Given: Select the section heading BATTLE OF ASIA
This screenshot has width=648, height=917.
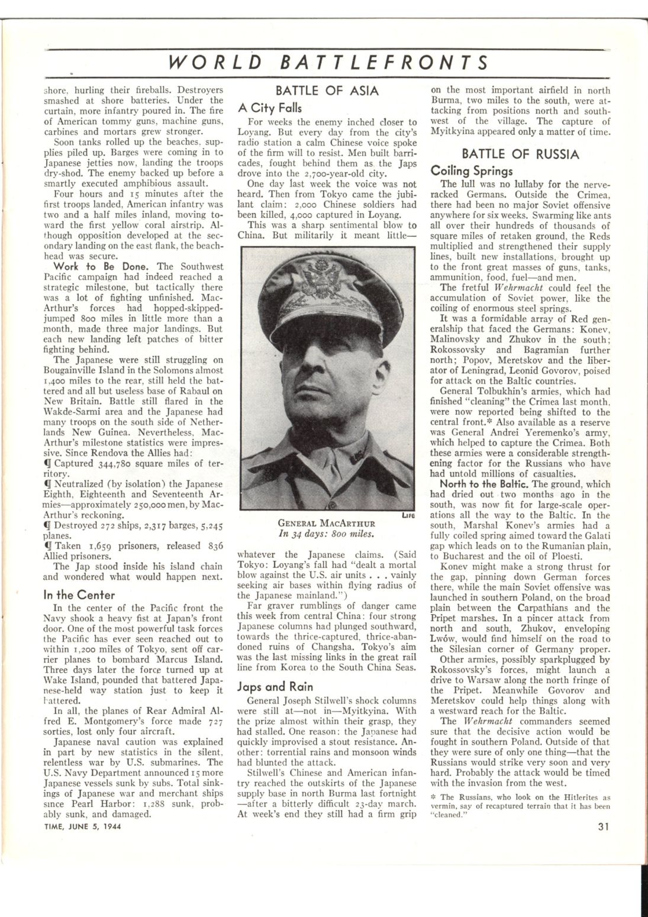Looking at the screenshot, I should pyautogui.click(x=327, y=91).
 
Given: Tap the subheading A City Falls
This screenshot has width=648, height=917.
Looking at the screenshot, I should pyautogui.click(x=270, y=108).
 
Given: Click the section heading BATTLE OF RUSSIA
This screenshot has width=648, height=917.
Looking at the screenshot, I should pyautogui.click(x=520, y=154).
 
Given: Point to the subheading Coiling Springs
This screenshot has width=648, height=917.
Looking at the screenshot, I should pyautogui.click(x=472, y=171).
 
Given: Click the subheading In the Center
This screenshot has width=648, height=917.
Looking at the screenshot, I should pyautogui.click(x=79, y=595).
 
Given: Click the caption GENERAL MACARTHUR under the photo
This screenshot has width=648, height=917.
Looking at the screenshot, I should pyautogui.click(x=327, y=523).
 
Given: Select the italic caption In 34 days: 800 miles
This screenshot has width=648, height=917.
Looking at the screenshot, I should pyautogui.click(x=327, y=534).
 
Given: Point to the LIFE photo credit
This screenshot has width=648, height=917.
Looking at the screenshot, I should pyautogui.click(x=407, y=515).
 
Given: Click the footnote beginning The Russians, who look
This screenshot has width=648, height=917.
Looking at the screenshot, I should pyautogui.click(x=520, y=805).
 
